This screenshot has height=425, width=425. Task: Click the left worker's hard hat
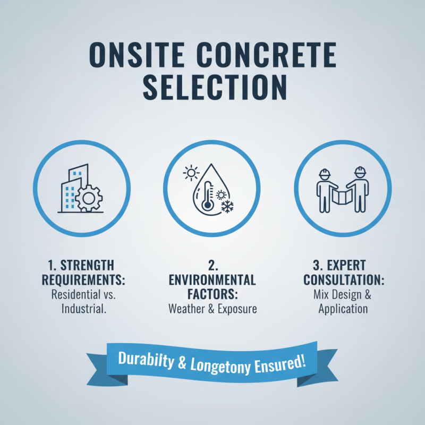click(324, 173)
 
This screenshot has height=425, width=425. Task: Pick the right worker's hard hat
click(361, 171)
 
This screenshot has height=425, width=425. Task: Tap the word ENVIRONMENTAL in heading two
click(212, 280)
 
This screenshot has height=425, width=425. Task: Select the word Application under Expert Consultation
click(343, 309)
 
